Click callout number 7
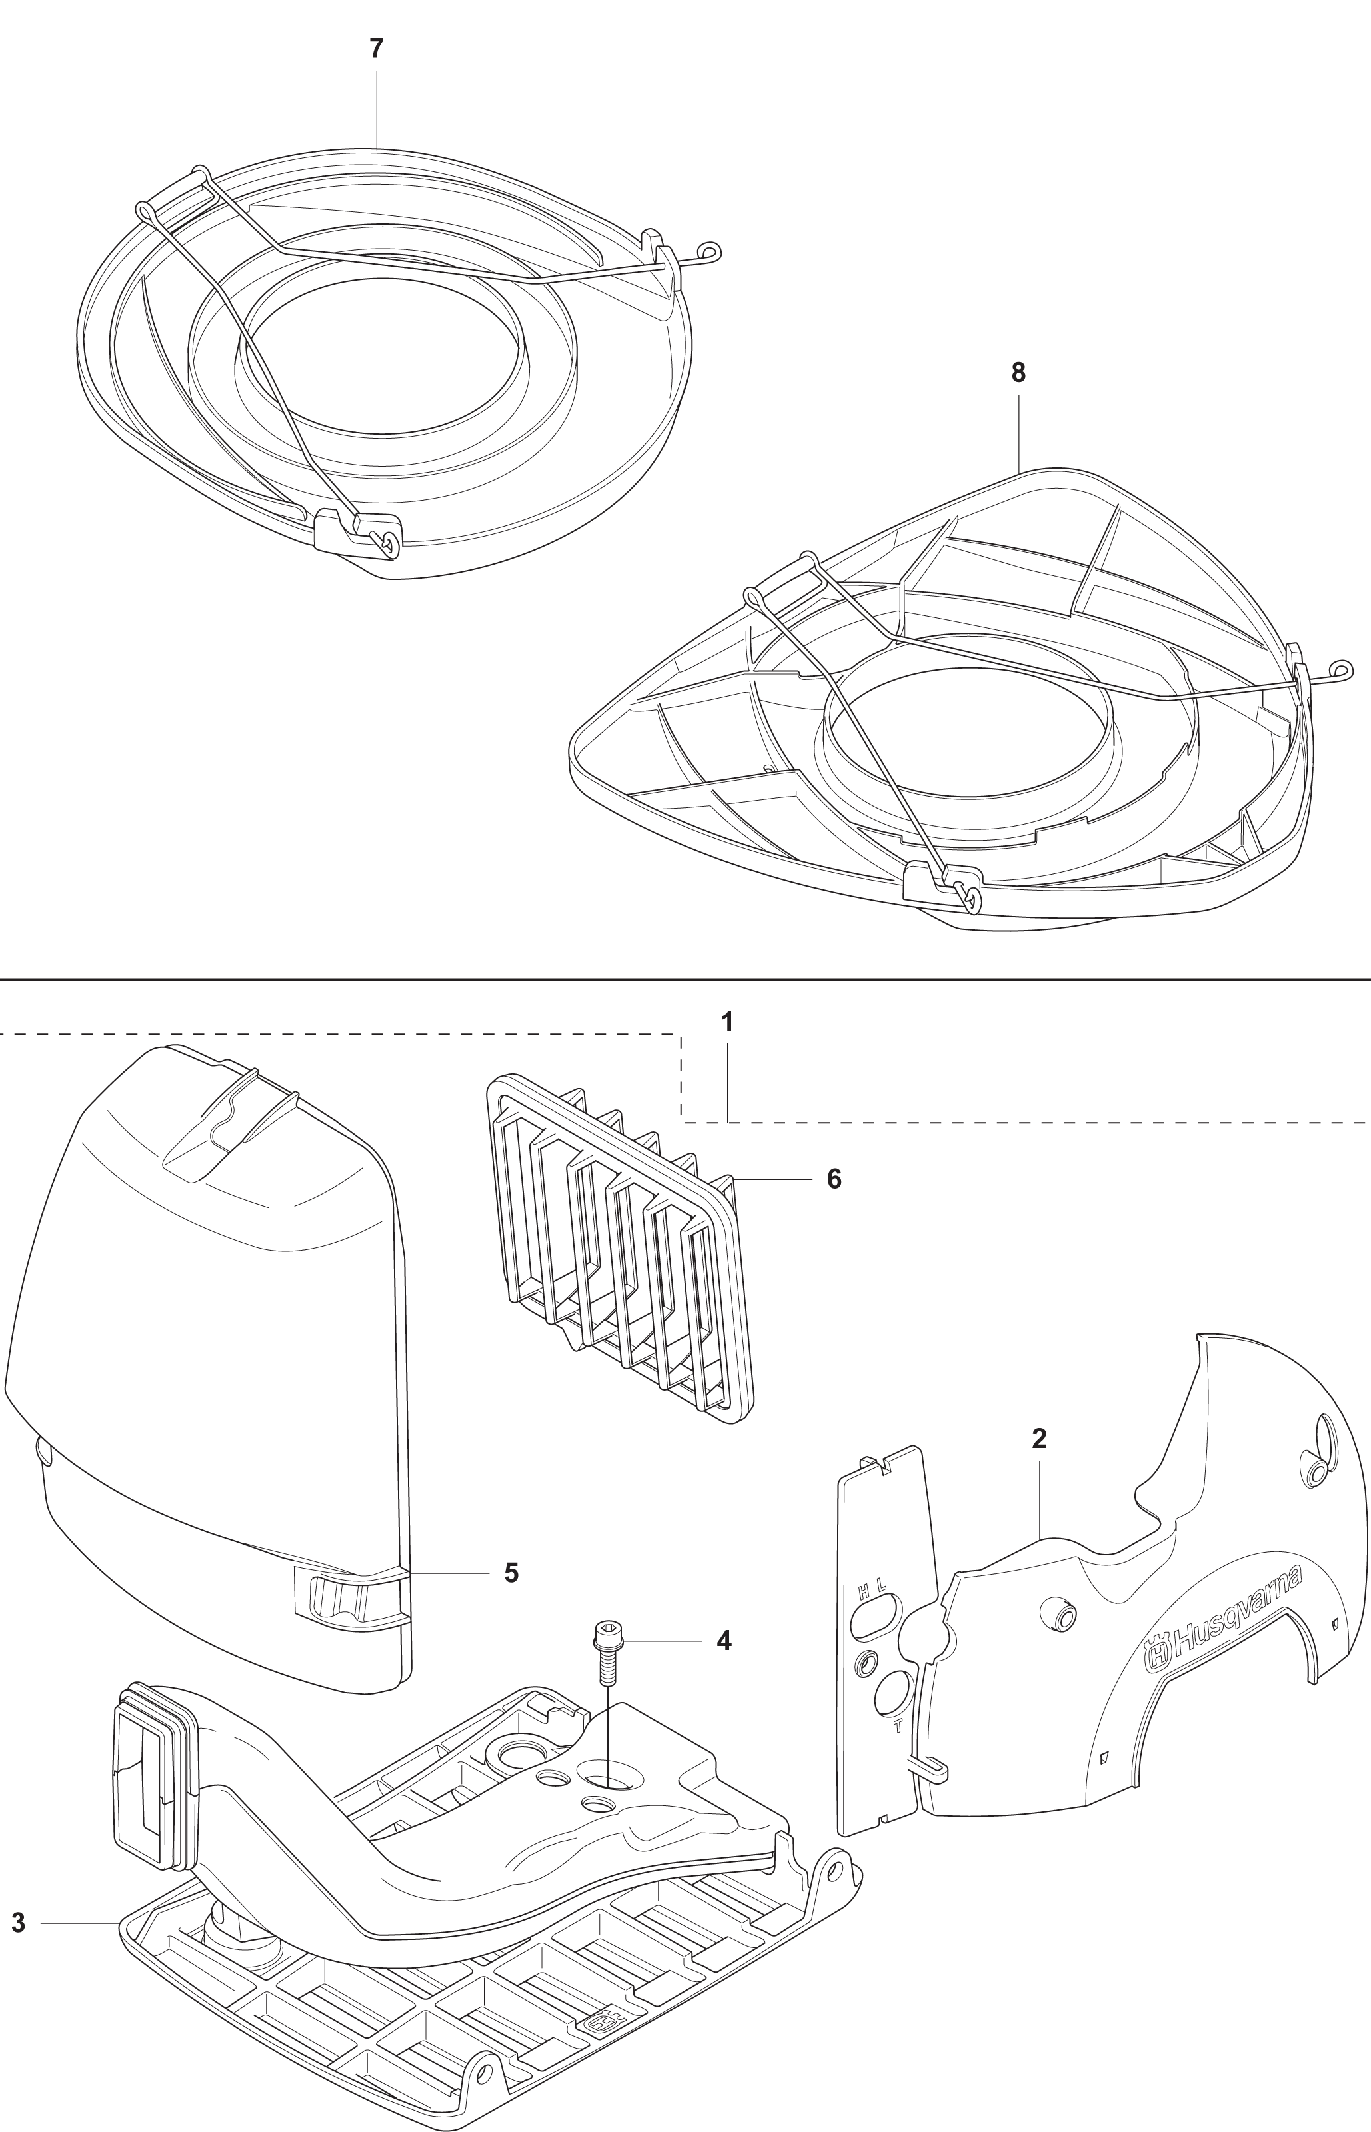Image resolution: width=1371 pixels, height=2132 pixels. coord(377,49)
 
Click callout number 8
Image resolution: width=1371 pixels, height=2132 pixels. coord(1018,373)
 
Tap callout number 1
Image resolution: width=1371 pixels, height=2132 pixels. coord(727,1022)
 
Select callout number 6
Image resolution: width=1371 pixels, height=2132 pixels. coord(834,1179)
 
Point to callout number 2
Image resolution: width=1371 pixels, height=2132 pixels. coord(1039,1439)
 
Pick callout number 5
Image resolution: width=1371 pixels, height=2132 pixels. coord(511,1573)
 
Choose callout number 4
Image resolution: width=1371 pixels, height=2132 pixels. coord(724,1641)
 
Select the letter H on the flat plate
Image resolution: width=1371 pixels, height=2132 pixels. coord(862,1591)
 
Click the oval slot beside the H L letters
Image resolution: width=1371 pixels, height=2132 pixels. coord(875,1616)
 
